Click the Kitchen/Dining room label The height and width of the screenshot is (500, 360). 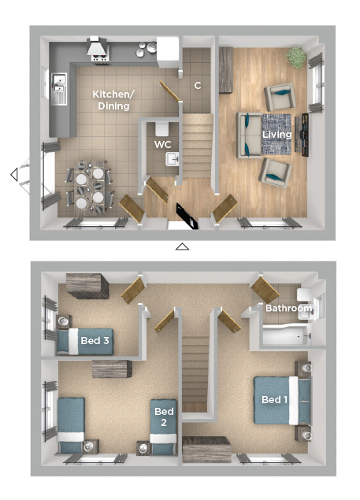pyautogui.click(x=113, y=100)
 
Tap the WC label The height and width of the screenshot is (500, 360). pyautogui.click(x=163, y=144)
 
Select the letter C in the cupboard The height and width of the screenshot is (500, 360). pyautogui.click(x=198, y=86)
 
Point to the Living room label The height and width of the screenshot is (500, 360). pyautogui.click(x=276, y=134)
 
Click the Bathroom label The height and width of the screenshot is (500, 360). pyautogui.click(x=288, y=308)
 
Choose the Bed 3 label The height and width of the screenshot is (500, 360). pyautogui.click(x=95, y=341)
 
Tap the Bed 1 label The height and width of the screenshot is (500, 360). pyautogui.click(x=274, y=399)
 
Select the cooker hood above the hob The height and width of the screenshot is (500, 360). pyautogui.click(x=98, y=46)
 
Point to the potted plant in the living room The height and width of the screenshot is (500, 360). pyautogui.click(x=296, y=57)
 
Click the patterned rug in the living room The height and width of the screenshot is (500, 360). pyautogui.click(x=276, y=134)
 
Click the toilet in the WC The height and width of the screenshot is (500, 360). pyautogui.click(x=162, y=128)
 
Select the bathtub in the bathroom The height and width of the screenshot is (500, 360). pyautogui.click(x=285, y=335)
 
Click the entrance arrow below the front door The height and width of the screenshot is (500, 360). pyautogui.click(x=182, y=246)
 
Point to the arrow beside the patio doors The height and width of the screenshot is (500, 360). pyautogui.click(x=14, y=175)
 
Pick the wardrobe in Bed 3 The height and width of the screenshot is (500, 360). pyautogui.click(x=87, y=286)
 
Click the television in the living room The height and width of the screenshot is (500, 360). pyautogui.click(x=305, y=135)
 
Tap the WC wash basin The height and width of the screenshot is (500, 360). pyautogui.click(x=172, y=159)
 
